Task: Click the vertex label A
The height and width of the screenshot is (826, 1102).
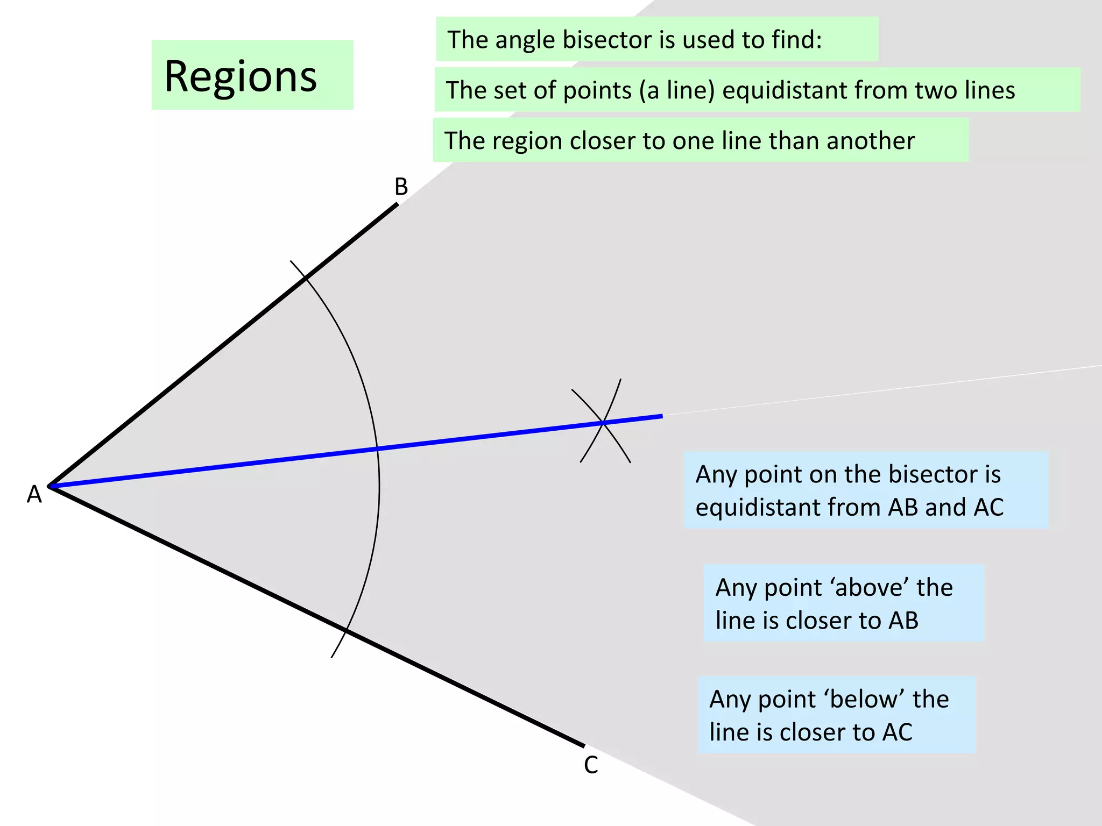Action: (34, 494)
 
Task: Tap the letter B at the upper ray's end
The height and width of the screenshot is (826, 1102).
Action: (401, 187)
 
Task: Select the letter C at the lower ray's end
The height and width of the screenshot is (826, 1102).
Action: (591, 765)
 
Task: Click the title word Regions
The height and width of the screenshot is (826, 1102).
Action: (241, 76)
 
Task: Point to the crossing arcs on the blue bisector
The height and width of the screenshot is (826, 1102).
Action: (604, 423)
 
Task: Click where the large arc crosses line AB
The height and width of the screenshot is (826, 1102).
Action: (305, 277)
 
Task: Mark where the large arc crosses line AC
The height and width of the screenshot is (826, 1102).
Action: (345, 631)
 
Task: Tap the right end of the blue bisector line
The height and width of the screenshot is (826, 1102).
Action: (661, 416)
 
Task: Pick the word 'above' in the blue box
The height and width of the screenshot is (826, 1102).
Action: (871, 587)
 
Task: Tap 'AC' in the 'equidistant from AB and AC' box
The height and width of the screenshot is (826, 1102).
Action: (988, 507)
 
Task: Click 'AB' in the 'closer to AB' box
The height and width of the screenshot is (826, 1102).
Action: (903, 621)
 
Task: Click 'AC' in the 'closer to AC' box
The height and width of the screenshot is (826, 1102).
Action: (897, 732)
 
